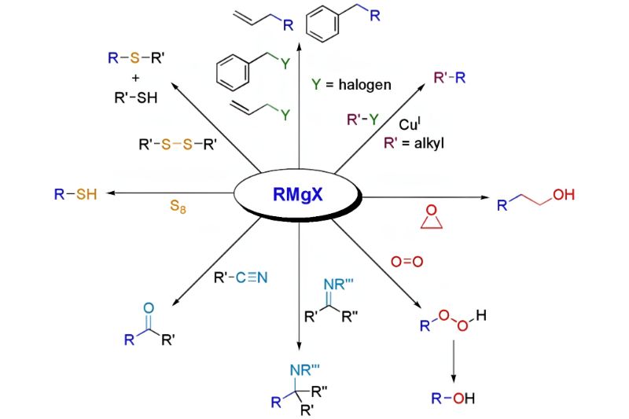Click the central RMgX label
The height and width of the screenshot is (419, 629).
[x=298, y=195]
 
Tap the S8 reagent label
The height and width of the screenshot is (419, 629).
[x=178, y=207]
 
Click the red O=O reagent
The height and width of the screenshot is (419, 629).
[x=406, y=262]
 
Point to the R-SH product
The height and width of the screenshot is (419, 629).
[x=75, y=194]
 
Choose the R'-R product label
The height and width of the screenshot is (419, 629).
[x=450, y=77]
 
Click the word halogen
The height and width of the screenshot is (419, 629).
[x=365, y=85]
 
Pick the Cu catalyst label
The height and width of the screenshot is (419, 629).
[x=410, y=124]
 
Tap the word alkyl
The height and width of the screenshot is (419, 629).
[x=429, y=143]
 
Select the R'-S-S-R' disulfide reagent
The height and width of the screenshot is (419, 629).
[x=178, y=144]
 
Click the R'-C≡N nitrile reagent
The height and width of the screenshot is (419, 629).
[x=241, y=277]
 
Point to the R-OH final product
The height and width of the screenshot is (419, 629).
[x=453, y=398]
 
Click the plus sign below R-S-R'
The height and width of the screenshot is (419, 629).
[x=135, y=78]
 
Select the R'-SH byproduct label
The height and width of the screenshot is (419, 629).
[x=136, y=97]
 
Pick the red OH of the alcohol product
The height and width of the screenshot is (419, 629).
[x=564, y=195]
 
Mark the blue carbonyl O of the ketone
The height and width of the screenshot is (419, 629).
[x=149, y=308]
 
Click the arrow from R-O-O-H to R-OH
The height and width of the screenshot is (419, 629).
[x=454, y=362]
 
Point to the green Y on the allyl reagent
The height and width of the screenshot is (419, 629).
[x=285, y=116]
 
